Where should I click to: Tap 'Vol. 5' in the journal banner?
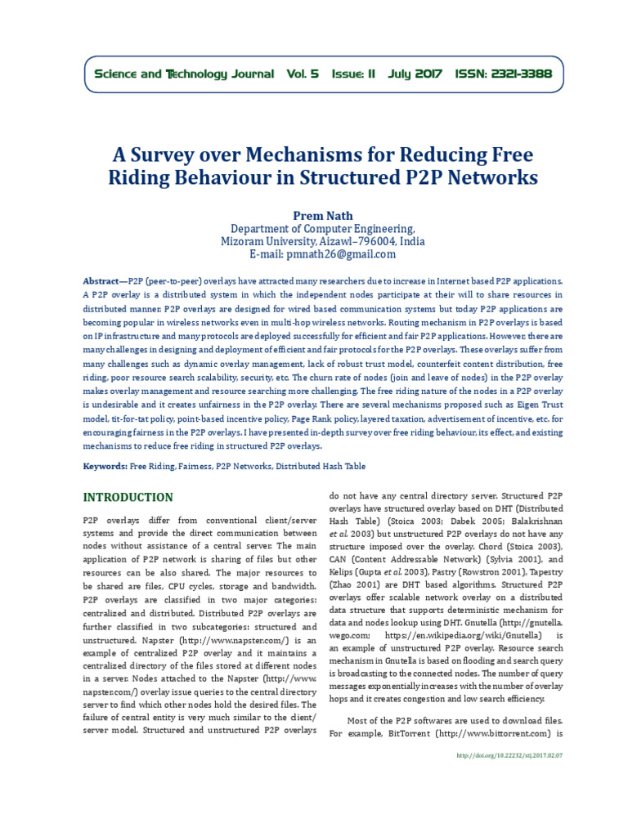(x=303, y=74)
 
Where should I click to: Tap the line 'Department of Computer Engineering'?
(x=322, y=229)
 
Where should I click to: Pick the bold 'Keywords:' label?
(x=105, y=466)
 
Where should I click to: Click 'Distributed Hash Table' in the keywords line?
(x=321, y=466)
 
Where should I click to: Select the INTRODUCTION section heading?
(x=128, y=497)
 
